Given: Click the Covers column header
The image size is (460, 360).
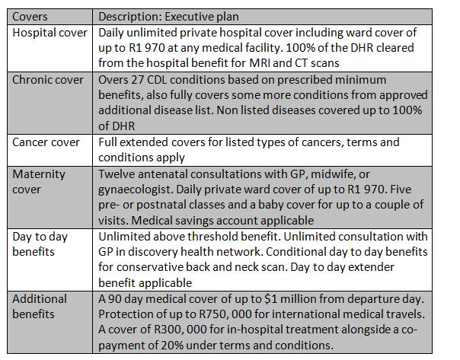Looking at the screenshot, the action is (30, 17).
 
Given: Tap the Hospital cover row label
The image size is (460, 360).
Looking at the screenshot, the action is (50, 33).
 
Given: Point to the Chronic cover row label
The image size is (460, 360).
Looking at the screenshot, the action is (48, 80).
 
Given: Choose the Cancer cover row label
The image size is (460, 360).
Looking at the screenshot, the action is (46, 142).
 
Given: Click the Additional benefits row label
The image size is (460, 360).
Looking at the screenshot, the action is (40, 307).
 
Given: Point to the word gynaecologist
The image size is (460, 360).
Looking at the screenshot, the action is (136, 190).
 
